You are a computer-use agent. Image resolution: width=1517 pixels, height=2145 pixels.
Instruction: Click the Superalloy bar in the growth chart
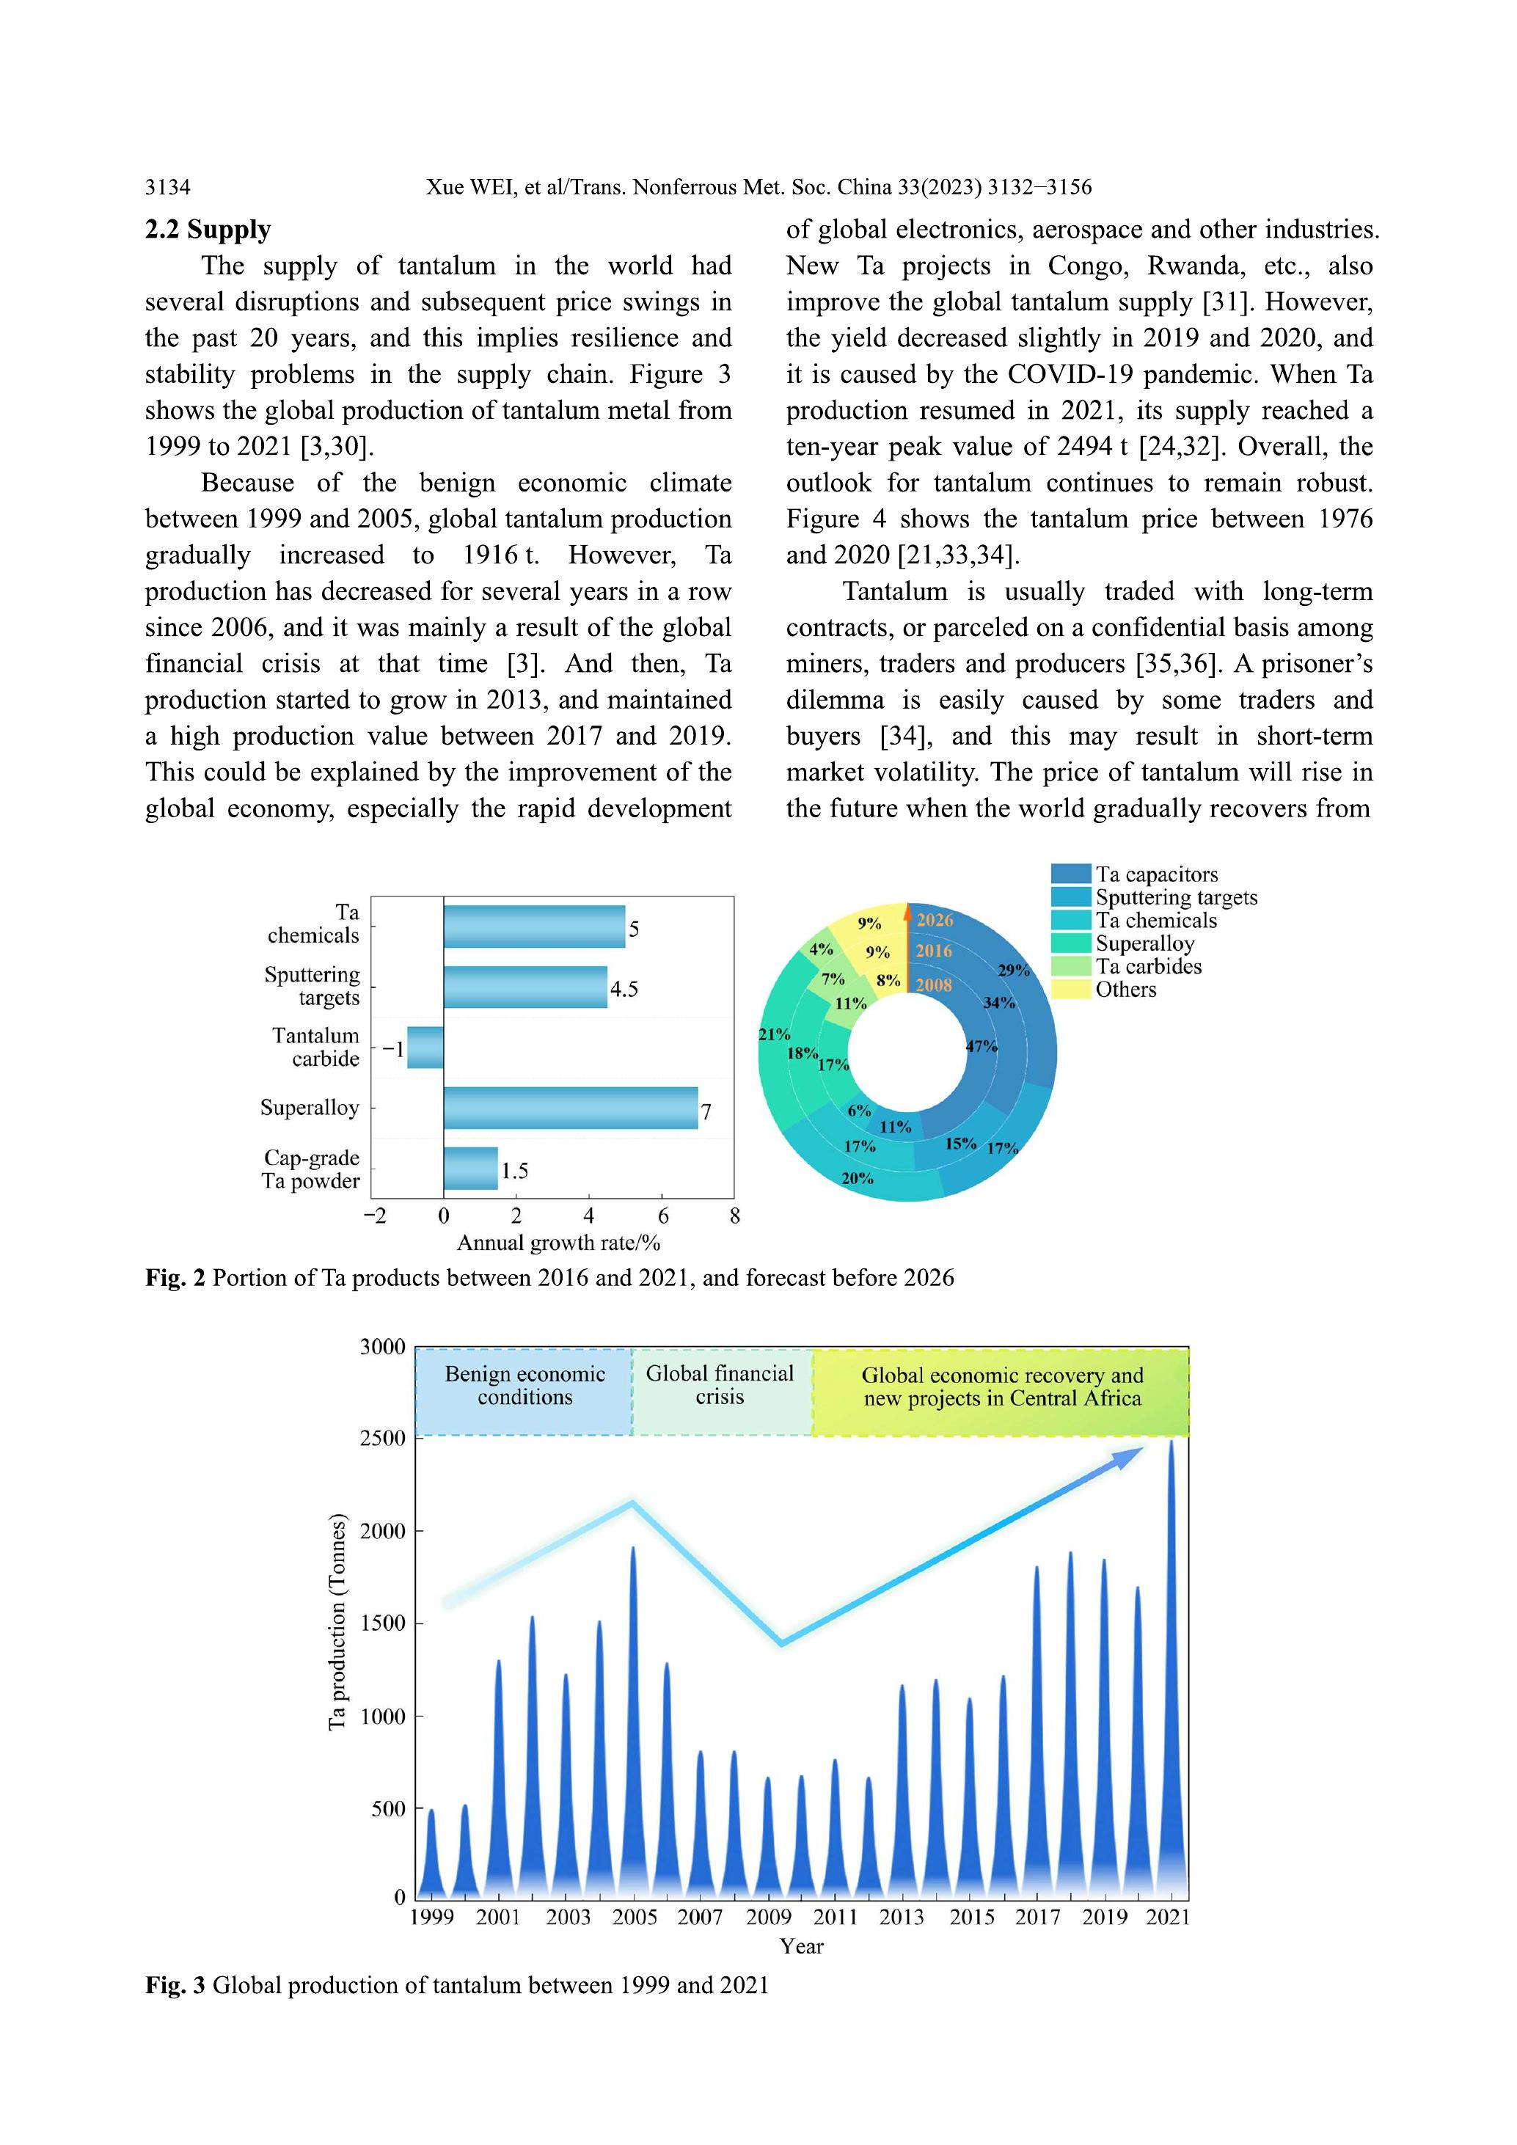(x=570, y=1108)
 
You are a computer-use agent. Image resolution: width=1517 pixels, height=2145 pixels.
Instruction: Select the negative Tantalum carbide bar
(x=425, y=1048)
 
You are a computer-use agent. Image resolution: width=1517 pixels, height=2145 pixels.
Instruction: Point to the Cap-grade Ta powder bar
(x=470, y=1169)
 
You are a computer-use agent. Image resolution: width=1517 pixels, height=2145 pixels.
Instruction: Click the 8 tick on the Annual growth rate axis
(x=735, y=1216)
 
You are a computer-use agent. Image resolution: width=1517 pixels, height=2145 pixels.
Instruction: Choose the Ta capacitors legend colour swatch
(x=1070, y=874)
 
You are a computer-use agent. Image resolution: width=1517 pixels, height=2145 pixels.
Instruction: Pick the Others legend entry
(x=1125, y=990)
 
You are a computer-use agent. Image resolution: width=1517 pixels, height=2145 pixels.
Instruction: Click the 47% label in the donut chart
(x=981, y=1046)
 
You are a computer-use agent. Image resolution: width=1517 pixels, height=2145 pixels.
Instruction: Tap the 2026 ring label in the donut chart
(x=934, y=920)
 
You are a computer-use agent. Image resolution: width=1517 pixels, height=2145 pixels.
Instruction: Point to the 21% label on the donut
(x=775, y=1034)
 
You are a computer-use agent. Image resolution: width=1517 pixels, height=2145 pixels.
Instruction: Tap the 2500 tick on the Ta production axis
(x=383, y=1439)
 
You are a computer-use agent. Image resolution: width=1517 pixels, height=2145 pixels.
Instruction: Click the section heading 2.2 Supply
(x=208, y=230)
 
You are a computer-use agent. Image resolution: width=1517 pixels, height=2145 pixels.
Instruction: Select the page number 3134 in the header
(x=167, y=187)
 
